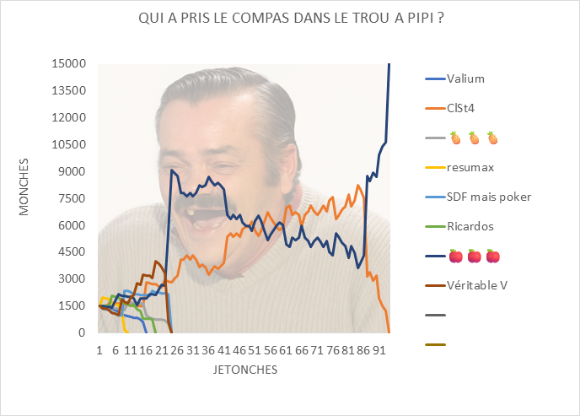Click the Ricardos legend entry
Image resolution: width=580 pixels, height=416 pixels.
470,226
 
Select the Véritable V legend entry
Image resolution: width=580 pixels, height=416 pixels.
476,285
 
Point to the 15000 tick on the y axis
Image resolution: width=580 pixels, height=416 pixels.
69,64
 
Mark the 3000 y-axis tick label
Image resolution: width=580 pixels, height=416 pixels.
72,278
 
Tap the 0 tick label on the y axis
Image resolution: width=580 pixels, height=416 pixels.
83,332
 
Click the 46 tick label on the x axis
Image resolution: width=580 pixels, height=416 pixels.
239,348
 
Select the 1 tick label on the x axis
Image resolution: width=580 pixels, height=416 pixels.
99,348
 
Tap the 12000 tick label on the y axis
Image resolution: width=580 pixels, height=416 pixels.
69,117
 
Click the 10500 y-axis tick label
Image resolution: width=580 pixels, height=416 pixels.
69,144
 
